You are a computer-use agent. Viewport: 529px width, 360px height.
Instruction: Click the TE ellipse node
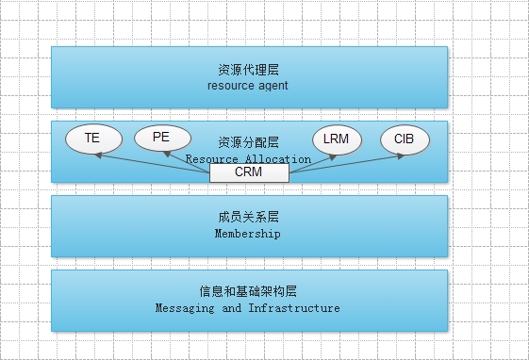click(92, 139)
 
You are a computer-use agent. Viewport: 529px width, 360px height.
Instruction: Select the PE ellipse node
click(161, 138)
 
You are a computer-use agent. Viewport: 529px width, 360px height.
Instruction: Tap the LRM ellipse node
click(335, 139)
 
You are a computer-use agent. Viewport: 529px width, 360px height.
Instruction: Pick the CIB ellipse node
click(405, 139)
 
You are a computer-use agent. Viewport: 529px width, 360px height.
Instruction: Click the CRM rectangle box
click(249, 172)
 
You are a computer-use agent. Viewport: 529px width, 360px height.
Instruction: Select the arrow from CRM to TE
click(151, 160)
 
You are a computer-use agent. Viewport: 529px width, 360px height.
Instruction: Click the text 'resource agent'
click(247, 86)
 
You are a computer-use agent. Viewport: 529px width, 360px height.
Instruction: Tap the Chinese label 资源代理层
click(248, 70)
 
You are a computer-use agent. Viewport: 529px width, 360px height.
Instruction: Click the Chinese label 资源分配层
click(248, 142)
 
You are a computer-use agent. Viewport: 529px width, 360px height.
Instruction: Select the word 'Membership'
click(248, 234)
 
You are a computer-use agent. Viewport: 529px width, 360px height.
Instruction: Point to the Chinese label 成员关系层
click(248, 218)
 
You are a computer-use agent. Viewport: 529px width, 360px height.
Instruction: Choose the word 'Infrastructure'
click(294, 308)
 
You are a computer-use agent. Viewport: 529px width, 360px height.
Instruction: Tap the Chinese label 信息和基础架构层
click(248, 291)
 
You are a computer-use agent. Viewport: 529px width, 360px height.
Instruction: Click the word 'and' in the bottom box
click(231, 308)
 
